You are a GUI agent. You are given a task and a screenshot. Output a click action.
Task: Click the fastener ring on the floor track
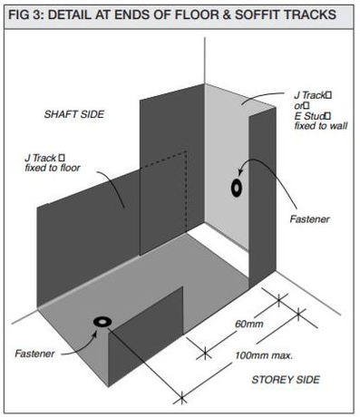102,323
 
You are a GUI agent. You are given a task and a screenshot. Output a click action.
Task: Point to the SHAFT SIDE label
75,115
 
